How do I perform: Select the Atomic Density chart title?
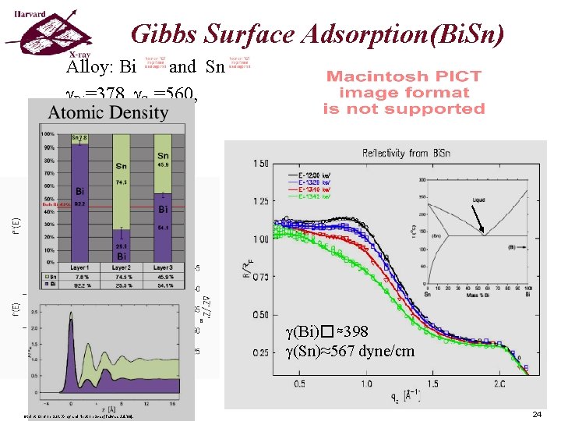(108, 112)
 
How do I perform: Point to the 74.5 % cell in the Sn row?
(122, 276)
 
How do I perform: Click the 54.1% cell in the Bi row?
(163, 285)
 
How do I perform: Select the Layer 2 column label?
(122, 268)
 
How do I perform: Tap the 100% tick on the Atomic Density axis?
(48, 135)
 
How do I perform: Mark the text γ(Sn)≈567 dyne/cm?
(351, 352)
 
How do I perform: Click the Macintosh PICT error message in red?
(404, 92)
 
